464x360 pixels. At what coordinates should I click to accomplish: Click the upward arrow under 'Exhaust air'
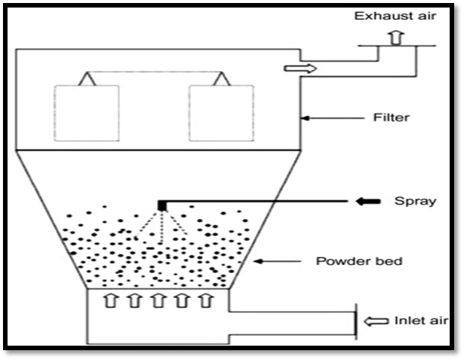pos(396,38)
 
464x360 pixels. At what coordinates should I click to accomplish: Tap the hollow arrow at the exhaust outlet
pos(298,69)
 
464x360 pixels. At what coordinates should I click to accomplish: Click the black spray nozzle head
pos(161,204)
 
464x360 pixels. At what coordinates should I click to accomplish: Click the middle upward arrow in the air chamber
pos(158,300)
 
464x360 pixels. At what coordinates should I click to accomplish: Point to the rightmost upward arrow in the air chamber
pos(204,300)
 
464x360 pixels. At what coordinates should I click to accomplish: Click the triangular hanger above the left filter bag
pos(88,78)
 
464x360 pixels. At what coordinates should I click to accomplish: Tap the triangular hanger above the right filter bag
pos(221,78)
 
